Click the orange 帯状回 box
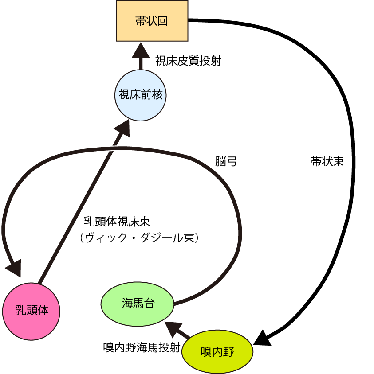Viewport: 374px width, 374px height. (x=152, y=21)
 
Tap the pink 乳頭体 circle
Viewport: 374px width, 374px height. (x=31, y=310)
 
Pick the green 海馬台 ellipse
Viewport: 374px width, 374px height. (x=138, y=304)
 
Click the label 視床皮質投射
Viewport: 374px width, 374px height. (x=188, y=61)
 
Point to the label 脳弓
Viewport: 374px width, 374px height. (x=226, y=161)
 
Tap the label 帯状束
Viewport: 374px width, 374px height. (x=327, y=161)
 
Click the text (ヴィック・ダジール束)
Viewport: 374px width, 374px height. (x=139, y=238)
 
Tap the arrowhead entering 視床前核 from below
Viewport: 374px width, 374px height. (x=122, y=127)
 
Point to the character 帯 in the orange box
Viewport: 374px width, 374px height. (x=141, y=21)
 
